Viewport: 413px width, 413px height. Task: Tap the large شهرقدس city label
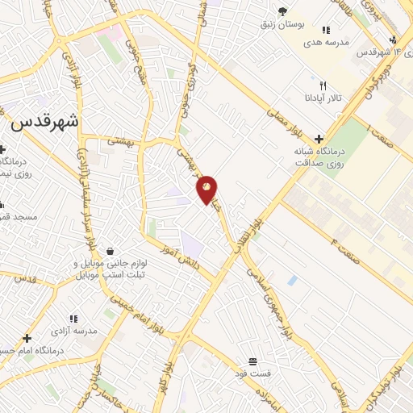46,123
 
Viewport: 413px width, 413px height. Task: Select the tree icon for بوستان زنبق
282,10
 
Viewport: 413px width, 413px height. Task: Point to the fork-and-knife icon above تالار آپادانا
323,85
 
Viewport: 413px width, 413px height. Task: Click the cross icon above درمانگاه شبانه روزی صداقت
319,139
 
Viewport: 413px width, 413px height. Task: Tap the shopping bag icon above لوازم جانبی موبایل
109,251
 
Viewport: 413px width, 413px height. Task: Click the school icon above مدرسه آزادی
73,319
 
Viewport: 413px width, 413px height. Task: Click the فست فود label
253,374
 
